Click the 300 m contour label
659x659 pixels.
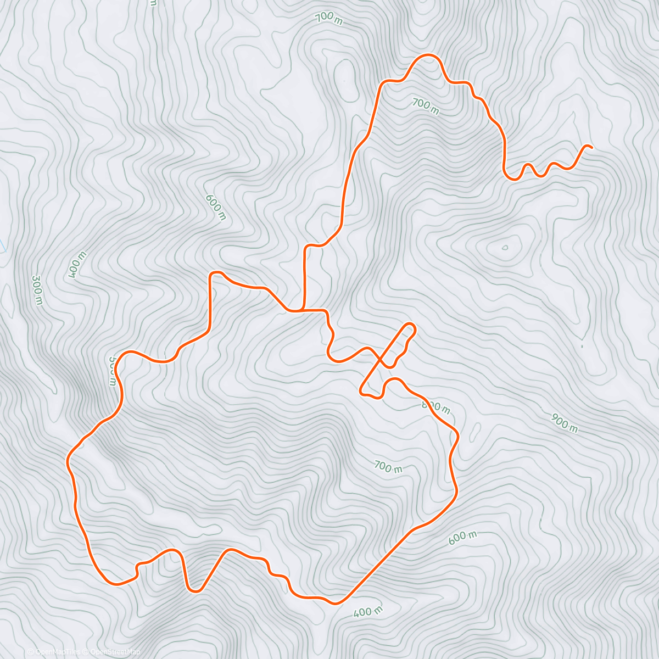point(37,290)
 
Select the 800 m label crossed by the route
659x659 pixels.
point(436,407)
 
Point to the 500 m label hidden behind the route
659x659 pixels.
point(112,371)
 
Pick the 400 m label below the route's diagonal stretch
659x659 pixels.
point(367,612)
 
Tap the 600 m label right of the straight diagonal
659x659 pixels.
point(462,538)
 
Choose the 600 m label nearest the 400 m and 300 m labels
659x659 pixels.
point(215,206)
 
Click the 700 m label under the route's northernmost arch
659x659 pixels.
point(426,106)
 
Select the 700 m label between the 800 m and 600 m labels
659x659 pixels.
point(388,467)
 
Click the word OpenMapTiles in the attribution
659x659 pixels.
point(58,652)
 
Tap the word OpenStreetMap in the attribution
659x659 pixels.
point(115,652)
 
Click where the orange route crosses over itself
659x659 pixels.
point(380,361)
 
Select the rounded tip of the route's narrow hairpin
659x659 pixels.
point(411,328)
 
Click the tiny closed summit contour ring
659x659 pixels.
point(505,247)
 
